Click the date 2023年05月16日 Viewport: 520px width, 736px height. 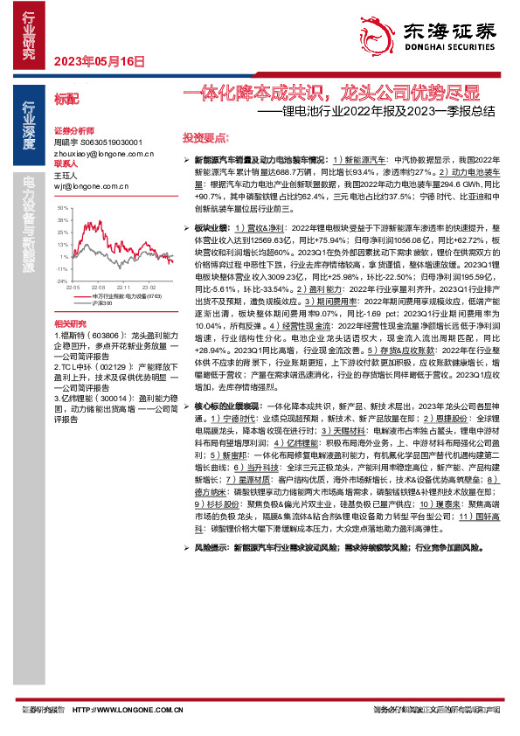pyautogui.click(x=98, y=61)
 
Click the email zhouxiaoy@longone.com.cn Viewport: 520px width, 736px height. pyautogui.click(x=104, y=153)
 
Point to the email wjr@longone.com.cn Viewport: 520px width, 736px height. pyautogui.click(x=90, y=186)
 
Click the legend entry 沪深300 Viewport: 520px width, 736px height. pyautogui.click(x=100, y=302)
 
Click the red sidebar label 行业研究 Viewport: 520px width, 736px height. pyautogui.click(x=29, y=35)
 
